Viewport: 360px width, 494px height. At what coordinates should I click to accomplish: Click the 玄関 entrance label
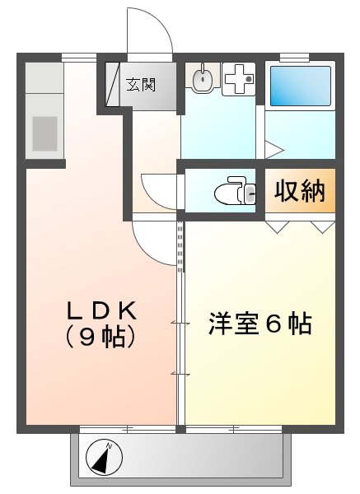coord(141,85)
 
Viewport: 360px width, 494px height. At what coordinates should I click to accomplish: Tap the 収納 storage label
coord(300,191)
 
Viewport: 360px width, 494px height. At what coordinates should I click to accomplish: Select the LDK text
coord(101,311)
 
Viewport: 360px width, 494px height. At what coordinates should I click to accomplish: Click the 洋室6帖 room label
coord(260,324)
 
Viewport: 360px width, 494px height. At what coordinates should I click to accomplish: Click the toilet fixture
coord(235,191)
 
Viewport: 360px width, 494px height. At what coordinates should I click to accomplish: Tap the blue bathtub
coord(301,86)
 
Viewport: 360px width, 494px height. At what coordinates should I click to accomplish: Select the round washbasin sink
coord(202,78)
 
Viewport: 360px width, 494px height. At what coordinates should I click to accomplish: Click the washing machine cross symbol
coord(239,79)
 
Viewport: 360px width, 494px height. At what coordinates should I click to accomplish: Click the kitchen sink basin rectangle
coord(44,133)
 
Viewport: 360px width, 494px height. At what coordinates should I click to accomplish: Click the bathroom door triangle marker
coord(274,150)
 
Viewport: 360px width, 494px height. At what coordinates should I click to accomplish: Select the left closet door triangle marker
coord(278,227)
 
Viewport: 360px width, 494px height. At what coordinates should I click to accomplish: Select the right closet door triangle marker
coord(322,227)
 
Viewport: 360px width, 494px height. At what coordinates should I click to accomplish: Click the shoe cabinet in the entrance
coord(113,85)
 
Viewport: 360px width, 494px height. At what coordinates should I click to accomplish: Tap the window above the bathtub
coord(294,57)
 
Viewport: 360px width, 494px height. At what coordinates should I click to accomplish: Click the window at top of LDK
coord(79,57)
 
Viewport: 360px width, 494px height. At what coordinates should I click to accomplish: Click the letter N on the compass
coord(110,445)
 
